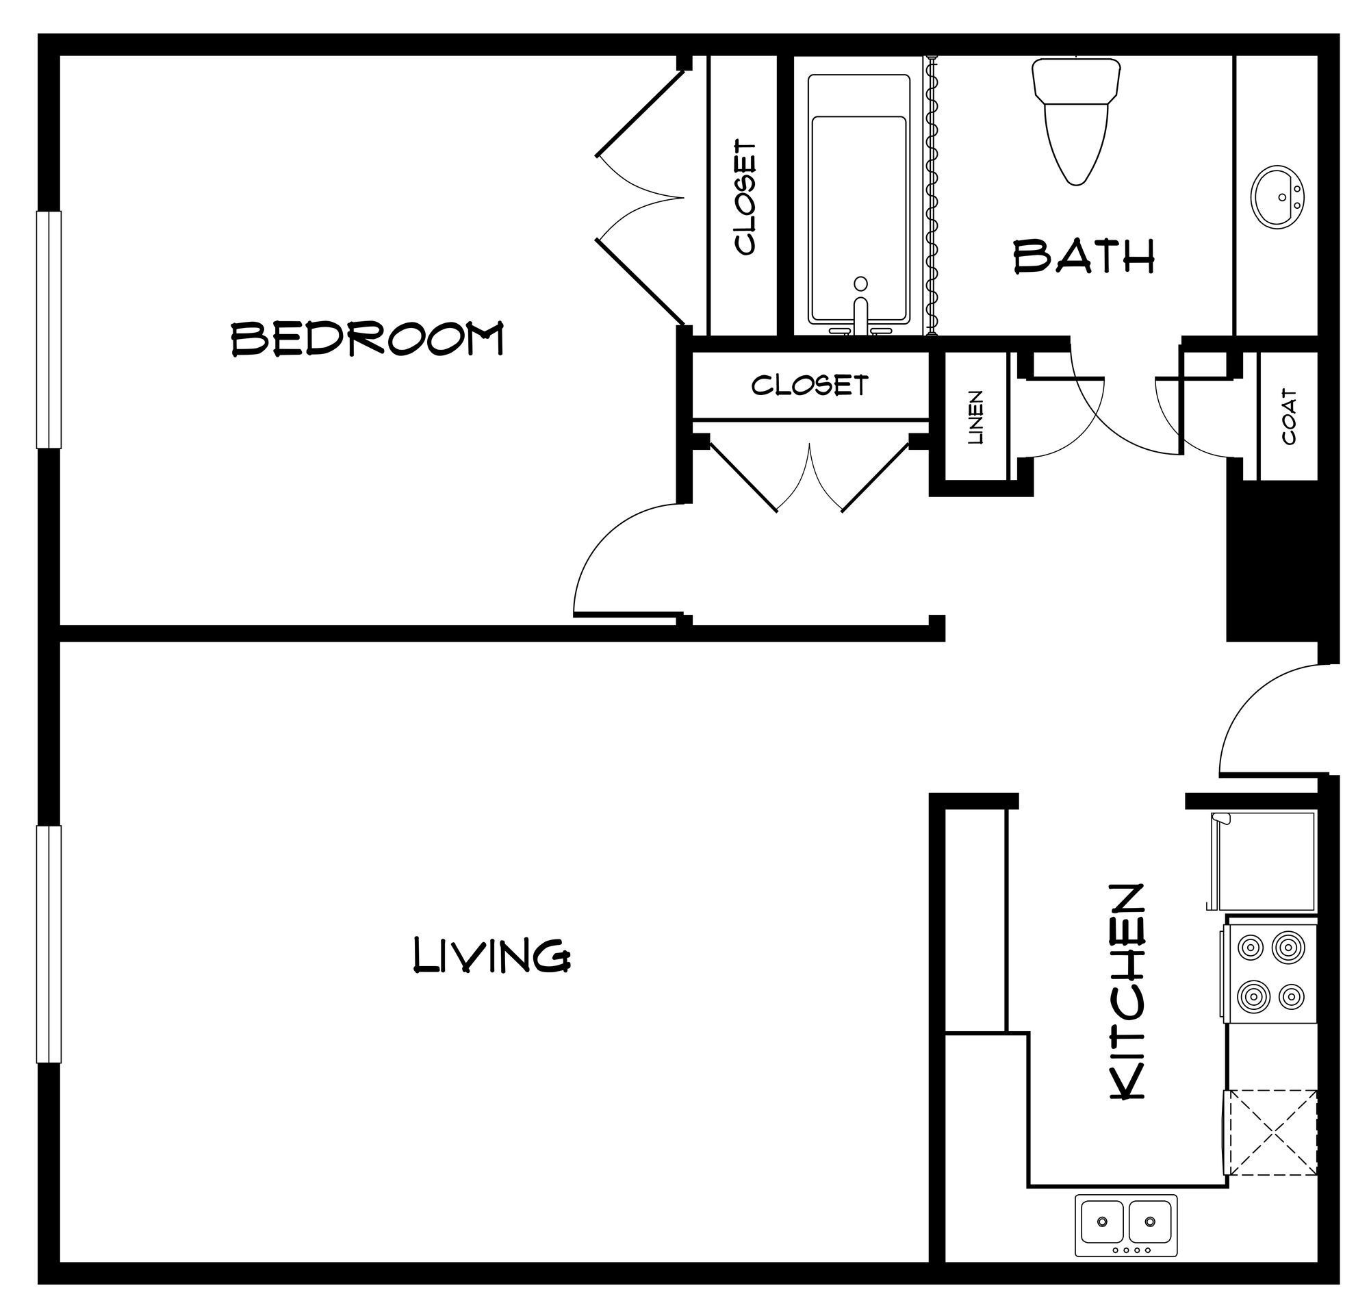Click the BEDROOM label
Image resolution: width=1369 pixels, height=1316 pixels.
pyautogui.click(x=367, y=339)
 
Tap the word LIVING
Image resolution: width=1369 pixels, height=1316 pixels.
pyautogui.click(x=491, y=956)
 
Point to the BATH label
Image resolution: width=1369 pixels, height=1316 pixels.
pyautogui.click(x=1084, y=256)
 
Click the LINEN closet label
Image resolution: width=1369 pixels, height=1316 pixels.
pyautogui.click(x=976, y=418)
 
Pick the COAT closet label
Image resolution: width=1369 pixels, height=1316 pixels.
pyautogui.click(x=1290, y=417)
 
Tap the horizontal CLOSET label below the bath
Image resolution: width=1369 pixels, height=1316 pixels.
pyautogui.click(x=810, y=385)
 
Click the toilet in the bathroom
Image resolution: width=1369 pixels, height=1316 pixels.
pyautogui.click(x=1075, y=118)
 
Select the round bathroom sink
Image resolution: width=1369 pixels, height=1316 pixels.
pyautogui.click(x=1278, y=197)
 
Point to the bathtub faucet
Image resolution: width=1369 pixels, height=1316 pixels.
pyautogui.click(x=860, y=307)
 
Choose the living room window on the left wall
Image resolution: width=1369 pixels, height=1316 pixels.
pyautogui.click(x=49, y=945)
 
